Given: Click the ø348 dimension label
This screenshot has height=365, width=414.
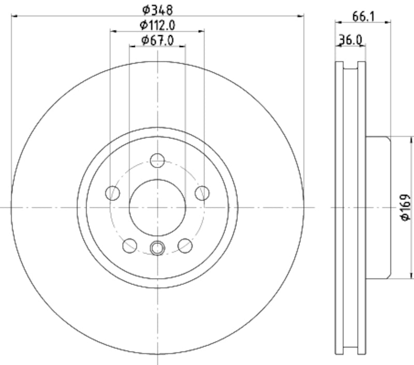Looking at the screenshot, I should (x=157, y=9).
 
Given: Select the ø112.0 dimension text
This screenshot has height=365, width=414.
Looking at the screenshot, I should (x=157, y=24).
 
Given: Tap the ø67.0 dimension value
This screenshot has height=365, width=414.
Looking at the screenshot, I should (x=157, y=40).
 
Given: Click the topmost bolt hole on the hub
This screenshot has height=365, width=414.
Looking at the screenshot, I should (x=157, y=160).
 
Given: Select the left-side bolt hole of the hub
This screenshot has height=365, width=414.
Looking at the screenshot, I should (x=113, y=193).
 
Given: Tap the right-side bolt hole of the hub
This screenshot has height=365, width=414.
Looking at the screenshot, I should (x=202, y=193).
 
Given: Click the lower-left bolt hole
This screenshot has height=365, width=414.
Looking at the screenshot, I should (x=129, y=246).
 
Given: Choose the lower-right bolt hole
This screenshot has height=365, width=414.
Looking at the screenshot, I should (x=185, y=246).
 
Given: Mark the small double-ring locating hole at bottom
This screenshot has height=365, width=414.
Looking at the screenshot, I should (x=157, y=248).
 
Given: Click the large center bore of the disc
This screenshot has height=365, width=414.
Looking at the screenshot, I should (x=157, y=207).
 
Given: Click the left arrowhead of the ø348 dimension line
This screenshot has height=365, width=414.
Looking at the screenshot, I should (x=13, y=16).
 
